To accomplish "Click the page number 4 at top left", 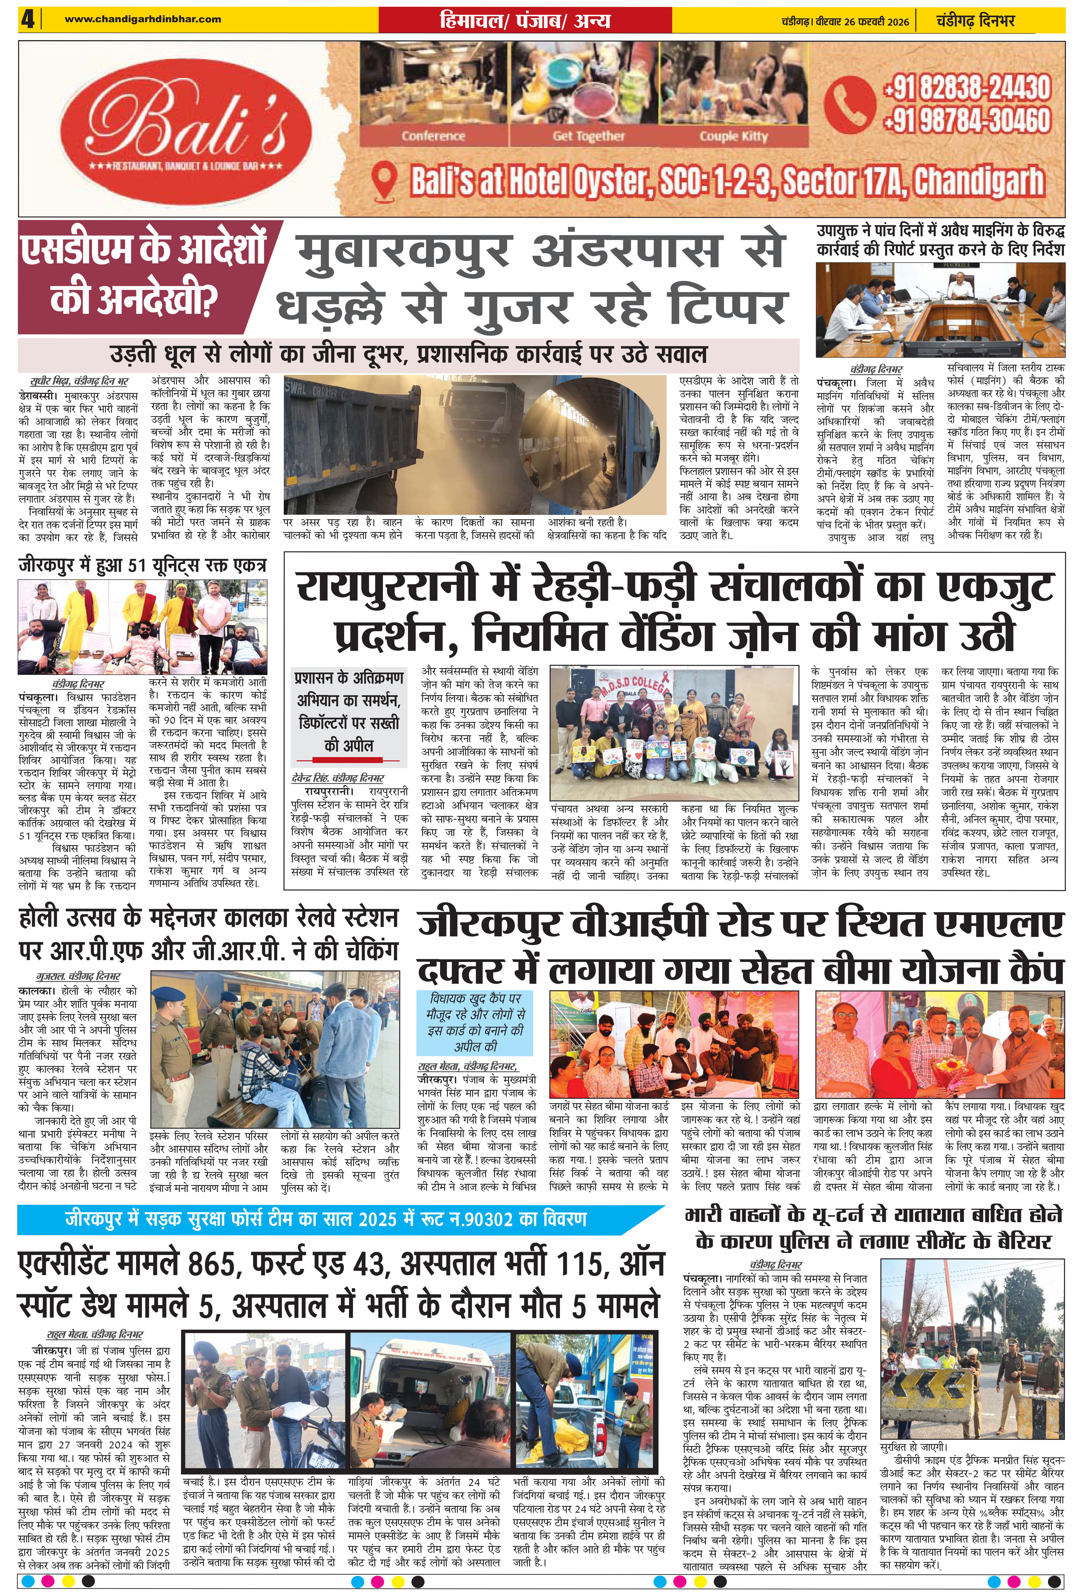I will coord(28,19).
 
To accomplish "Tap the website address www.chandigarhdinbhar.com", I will coord(143,19).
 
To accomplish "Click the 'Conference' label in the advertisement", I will coord(433,136).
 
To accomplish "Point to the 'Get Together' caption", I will coord(588,136).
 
